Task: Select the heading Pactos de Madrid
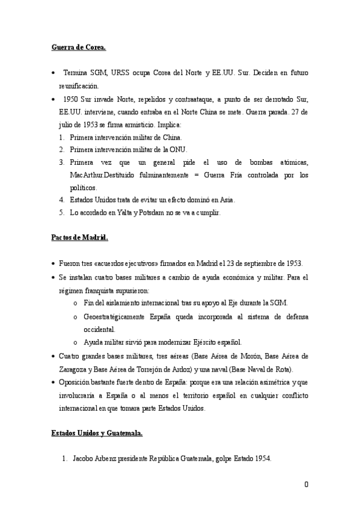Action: (79, 238)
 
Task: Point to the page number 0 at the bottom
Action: (306, 485)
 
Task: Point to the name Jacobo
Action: (83, 458)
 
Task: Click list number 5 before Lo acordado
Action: (61, 213)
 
